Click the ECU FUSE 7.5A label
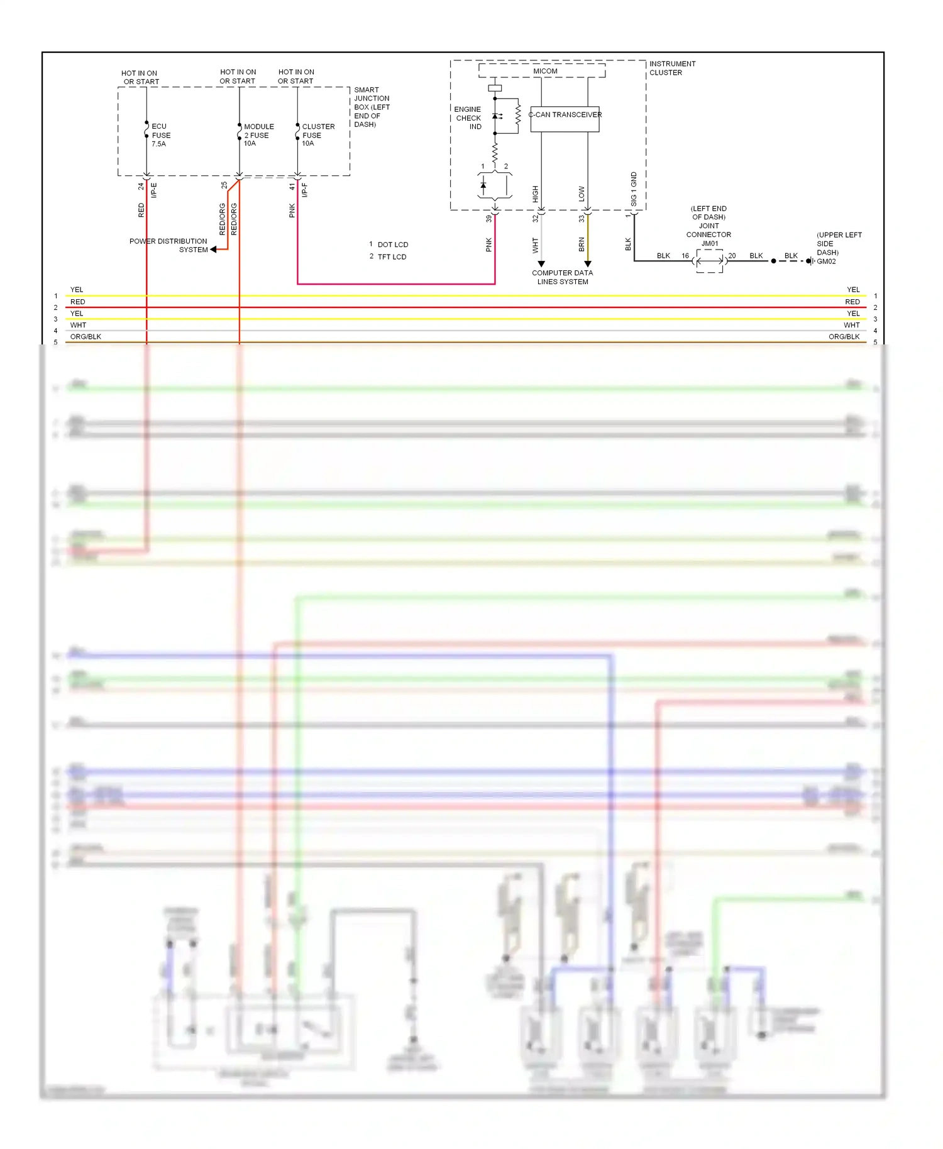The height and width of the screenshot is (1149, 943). click(x=160, y=135)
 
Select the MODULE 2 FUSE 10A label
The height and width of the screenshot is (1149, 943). click(x=258, y=135)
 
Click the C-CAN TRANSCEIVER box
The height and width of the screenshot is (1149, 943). click(x=565, y=119)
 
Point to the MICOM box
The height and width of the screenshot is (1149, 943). click(x=544, y=71)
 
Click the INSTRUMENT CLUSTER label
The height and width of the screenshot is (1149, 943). click(x=671, y=68)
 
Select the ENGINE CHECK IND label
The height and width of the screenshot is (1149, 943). click(x=468, y=118)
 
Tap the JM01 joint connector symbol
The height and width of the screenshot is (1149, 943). click(x=710, y=260)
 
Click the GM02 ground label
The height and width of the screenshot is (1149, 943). click(x=826, y=261)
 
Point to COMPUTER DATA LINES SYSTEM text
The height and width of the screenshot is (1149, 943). click(x=562, y=277)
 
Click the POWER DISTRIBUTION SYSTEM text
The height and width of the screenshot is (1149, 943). click(x=168, y=245)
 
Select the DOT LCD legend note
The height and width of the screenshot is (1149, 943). click(x=392, y=245)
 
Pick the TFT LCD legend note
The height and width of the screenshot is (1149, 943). click(x=392, y=256)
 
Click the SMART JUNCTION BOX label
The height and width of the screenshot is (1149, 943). click(x=371, y=107)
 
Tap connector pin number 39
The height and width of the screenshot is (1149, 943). click(x=488, y=219)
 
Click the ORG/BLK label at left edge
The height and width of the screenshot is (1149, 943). click(x=85, y=337)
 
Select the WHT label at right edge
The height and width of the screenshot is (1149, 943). click(x=851, y=325)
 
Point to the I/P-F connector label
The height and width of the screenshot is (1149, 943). click(x=305, y=190)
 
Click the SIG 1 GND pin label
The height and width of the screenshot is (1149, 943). click(x=634, y=189)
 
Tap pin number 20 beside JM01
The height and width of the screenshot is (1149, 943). click(x=732, y=256)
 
